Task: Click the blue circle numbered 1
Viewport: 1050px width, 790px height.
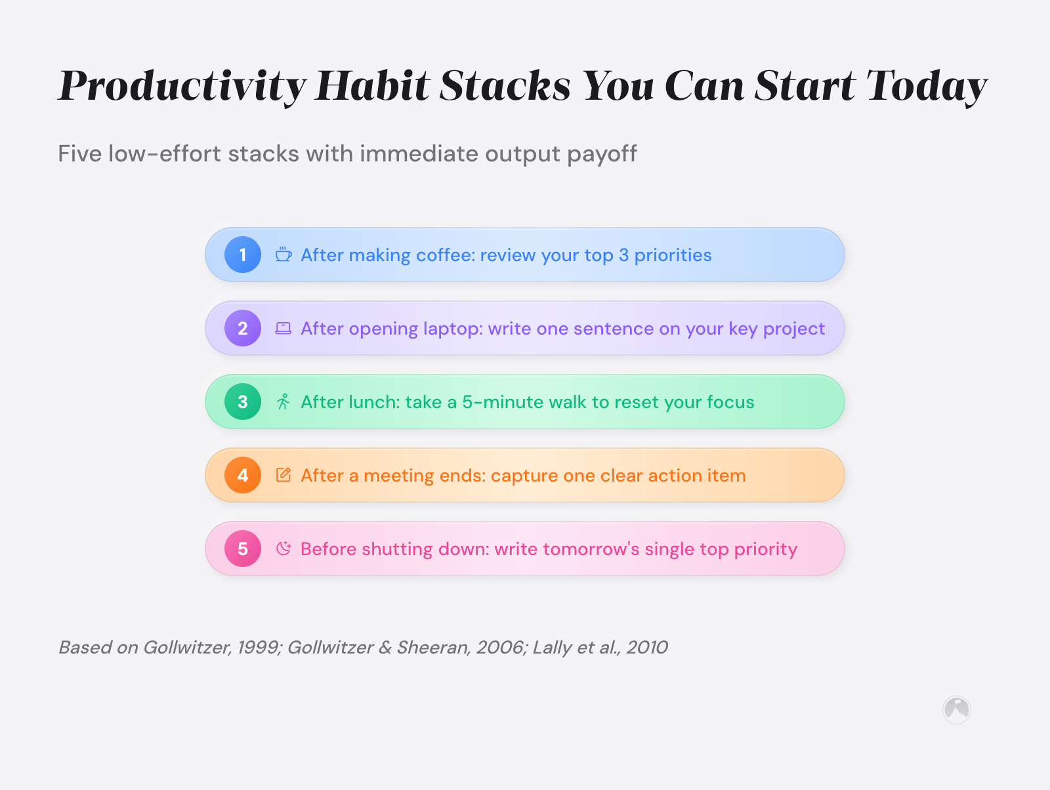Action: [x=243, y=255]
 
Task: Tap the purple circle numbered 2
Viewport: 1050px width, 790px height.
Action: [x=243, y=328]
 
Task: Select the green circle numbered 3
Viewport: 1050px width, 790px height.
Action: [x=243, y=402]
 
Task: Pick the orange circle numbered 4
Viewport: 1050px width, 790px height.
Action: [x=243, y=475]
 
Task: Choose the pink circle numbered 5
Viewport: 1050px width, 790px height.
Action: [x=243, y=549]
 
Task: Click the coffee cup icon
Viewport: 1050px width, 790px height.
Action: [x=283, y=255]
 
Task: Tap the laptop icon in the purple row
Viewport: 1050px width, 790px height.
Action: [x=283, y=328]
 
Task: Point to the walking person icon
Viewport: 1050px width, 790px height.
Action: [x=283, y=402]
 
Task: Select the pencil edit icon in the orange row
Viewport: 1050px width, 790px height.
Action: [x=283, y=475]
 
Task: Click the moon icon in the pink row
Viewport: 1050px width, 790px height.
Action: [x=283, y=549]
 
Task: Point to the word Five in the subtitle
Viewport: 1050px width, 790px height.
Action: [x=79, y=154]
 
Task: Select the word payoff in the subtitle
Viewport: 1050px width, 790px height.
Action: [x=602, y=154]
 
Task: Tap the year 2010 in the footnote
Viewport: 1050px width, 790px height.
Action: [x=646, y=648]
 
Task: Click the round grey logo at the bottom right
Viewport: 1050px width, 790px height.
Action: [x=956, y=709]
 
